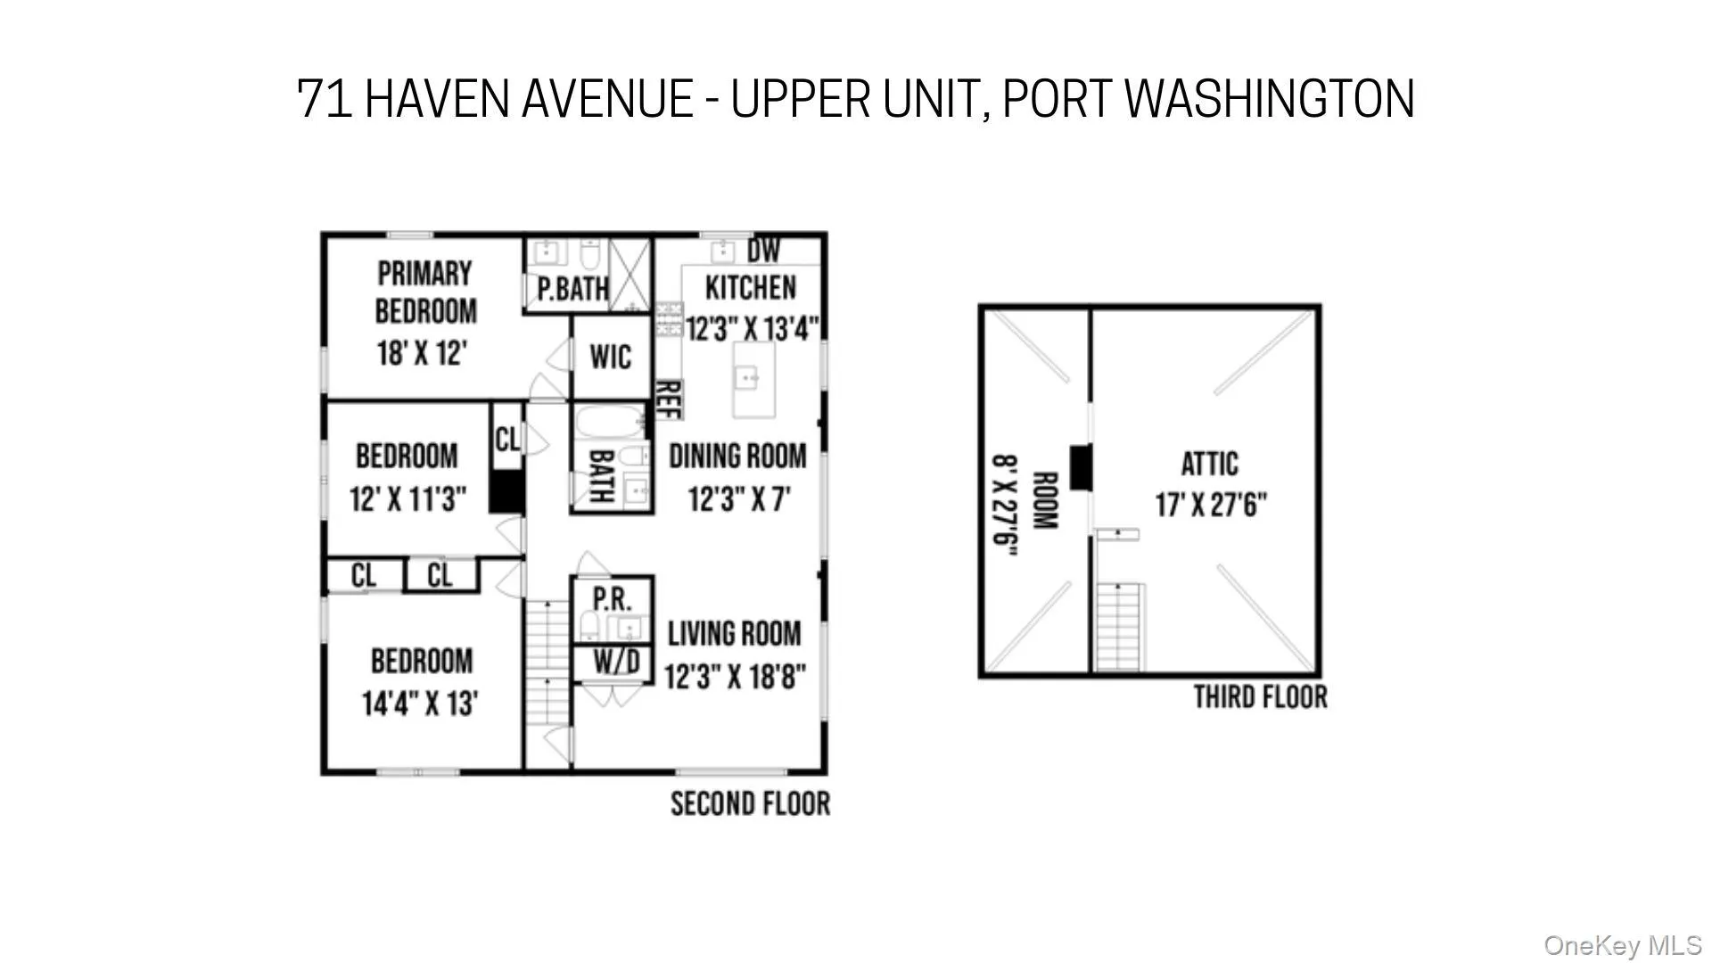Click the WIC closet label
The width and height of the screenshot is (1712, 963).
(611, 358)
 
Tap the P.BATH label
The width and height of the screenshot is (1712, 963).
(573, 289)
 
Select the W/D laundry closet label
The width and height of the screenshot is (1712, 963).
(617, 663)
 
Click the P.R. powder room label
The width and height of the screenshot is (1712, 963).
(612, 598)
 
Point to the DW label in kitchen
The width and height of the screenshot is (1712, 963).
(763, 251)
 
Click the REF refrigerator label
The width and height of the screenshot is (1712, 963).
(669, 399)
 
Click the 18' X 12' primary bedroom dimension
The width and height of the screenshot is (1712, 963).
(423, 353)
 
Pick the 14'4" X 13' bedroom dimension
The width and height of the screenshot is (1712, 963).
(420, 704)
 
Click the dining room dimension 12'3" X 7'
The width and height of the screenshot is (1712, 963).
(739, 499)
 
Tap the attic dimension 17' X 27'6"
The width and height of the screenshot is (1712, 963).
(1211, 506)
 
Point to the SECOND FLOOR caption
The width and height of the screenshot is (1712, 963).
(750, 804)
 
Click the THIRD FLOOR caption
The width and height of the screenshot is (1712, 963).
(1260, 697)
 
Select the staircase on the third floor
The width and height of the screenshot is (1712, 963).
(1119, 626)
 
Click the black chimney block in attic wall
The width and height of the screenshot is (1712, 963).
(1081, 466)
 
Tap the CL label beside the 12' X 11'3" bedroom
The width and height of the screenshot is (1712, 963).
(507, 439)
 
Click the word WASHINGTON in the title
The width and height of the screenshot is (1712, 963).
(1269, 98)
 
